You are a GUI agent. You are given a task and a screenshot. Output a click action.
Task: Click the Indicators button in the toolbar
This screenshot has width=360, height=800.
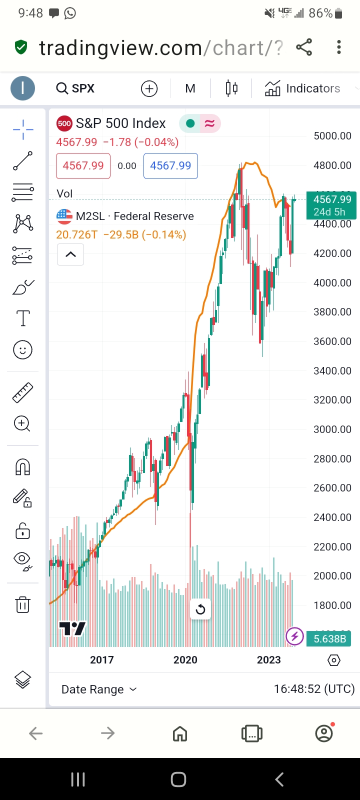[302, 88]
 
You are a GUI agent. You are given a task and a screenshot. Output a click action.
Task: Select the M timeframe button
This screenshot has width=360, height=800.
[190, 88]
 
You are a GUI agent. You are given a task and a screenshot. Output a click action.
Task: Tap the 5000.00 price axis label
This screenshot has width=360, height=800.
[332, 136]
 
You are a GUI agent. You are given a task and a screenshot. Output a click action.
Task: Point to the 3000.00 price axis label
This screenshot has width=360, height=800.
[332, 429]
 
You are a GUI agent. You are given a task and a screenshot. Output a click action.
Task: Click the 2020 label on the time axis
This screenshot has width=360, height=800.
[185, 660]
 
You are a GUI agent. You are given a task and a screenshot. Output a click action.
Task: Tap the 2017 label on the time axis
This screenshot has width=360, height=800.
[102, 660]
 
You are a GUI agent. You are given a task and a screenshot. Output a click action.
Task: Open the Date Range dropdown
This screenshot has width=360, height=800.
[99, 689]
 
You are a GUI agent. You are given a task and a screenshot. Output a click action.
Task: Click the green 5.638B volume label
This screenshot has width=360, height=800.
[329, 639]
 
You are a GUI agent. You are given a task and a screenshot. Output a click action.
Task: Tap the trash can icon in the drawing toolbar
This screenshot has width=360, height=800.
[22, 604]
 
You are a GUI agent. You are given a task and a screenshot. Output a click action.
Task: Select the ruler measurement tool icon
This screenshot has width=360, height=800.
[22, 392]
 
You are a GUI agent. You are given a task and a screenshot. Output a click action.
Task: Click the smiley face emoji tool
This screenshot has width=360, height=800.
[22, 350]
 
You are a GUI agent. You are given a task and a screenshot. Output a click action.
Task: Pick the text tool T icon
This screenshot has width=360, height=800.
[23, 318]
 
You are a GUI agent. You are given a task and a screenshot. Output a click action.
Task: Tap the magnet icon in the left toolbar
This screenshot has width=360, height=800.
[22, 467]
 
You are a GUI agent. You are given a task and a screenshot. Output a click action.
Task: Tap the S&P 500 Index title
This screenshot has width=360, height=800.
[120, 123]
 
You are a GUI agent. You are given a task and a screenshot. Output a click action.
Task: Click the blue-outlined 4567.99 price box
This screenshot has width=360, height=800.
[170, 166]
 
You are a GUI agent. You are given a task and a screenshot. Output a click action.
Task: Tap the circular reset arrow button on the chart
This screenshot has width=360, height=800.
[200, 609]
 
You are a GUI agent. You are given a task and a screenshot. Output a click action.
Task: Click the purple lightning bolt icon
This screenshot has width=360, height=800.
[294, 636]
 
